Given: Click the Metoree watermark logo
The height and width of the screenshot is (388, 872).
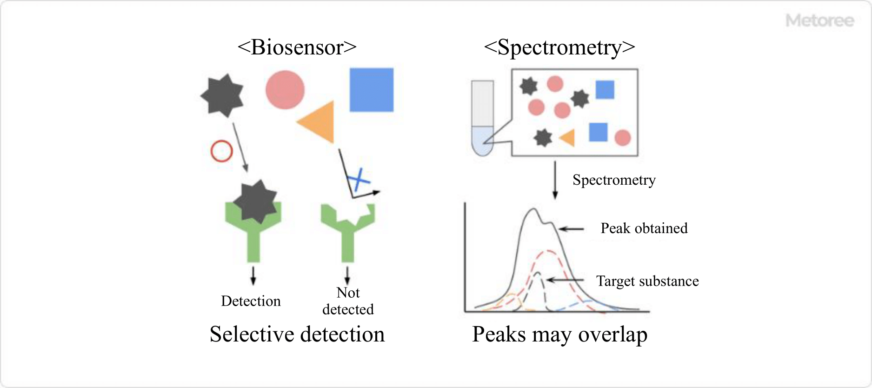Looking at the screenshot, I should [x=819, y=20].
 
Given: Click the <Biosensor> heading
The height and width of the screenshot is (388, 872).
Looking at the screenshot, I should [x=297, y=47].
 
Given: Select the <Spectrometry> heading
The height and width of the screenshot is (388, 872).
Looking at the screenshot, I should [x=559, y=47].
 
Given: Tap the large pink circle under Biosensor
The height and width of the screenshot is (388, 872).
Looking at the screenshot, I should [x=285, y=90].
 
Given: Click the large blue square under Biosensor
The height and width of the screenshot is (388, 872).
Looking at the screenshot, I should [x=371, y=90].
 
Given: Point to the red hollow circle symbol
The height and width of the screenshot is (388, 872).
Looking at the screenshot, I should [x=221, y=151].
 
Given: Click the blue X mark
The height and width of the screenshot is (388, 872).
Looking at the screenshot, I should [x=359, y=180].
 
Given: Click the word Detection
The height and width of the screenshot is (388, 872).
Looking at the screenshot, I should [x=251, y=301].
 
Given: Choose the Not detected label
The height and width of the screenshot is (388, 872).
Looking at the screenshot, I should [x=348, y=301].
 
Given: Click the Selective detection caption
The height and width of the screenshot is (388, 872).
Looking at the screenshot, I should [x=297, y=334].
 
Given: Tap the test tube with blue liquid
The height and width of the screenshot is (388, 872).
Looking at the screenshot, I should [x=482, y=118].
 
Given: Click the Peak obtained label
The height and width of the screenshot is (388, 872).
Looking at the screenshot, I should [x=644, y=228].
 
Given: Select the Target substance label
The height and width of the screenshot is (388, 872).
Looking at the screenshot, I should [x=647, y=281].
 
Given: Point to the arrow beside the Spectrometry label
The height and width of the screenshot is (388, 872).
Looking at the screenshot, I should [x=555, y=180].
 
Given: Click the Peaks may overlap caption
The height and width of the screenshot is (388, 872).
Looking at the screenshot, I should [x=559, y=334].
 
